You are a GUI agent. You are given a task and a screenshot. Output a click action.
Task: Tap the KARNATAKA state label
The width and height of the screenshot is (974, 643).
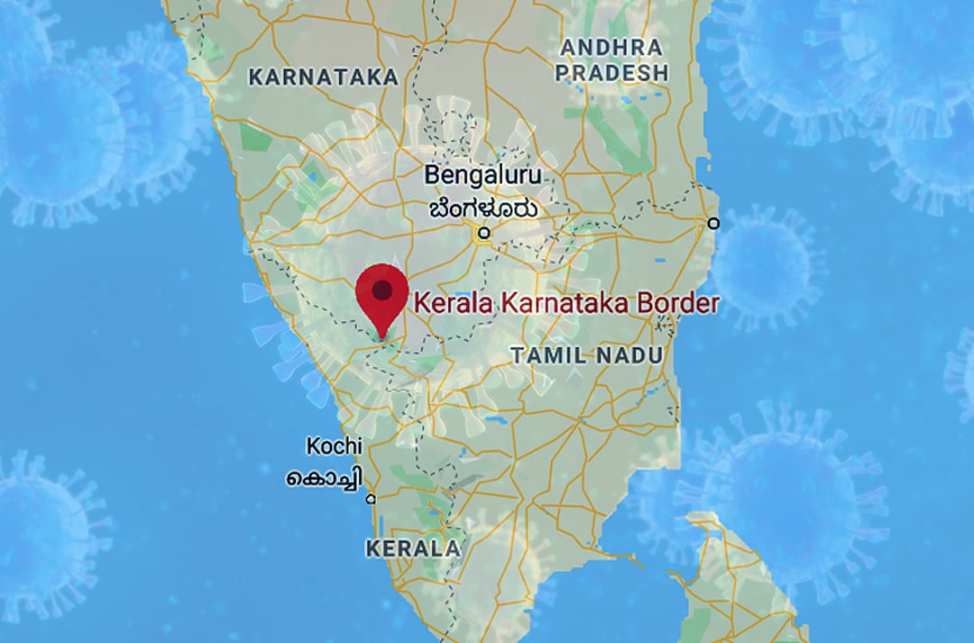point(323,77)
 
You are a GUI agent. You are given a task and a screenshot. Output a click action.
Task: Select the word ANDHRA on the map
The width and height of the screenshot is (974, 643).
point(611,47)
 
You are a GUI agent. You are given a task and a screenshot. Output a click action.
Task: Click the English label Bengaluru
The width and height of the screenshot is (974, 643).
point(482,174)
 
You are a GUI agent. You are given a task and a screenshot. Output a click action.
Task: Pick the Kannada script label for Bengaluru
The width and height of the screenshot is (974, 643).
point(483,208)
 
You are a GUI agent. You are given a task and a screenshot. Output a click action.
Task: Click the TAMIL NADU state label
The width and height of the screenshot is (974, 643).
point(586,355)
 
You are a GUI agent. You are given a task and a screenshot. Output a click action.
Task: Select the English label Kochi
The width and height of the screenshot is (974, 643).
point(334,446)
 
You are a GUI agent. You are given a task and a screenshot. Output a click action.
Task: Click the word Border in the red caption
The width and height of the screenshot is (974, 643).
point(677,303)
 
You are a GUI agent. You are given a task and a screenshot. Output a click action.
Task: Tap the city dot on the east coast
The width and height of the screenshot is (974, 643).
point(713,222)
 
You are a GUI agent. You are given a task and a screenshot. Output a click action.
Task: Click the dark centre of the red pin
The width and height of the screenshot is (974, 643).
point(383,289)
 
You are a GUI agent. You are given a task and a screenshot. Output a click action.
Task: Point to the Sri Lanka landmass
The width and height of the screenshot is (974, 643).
point(740,577)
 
